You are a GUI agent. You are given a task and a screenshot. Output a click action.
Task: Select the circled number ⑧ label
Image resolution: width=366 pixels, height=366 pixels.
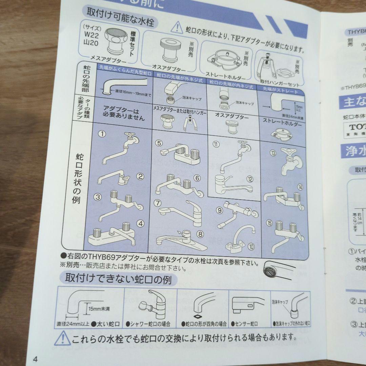(x=200, y=234)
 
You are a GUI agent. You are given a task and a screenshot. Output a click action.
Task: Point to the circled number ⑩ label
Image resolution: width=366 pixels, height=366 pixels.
(x=251, y=246)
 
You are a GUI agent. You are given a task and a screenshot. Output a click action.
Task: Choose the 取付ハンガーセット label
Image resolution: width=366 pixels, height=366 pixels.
(x=279, y=82)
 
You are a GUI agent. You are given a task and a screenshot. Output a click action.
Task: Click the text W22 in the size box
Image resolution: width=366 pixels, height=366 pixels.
(x=91, y=35)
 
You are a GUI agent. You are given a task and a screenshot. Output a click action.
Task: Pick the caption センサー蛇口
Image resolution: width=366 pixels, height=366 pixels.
(x=244, y=324)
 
